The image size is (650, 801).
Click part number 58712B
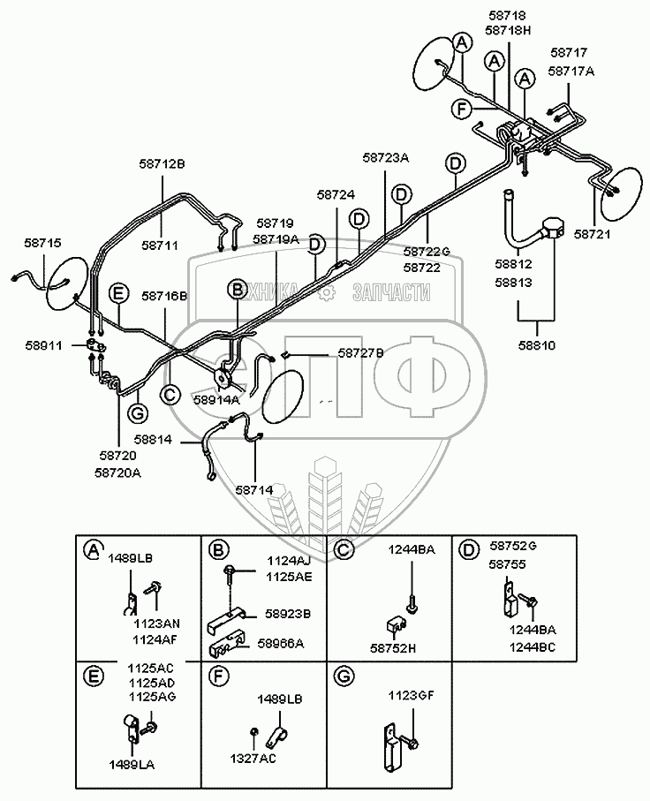[162, 163]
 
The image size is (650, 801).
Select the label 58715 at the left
[44, 242]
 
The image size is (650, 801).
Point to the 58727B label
[337, 352]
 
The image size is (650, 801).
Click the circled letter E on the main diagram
[115, 291]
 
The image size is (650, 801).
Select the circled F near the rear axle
[459, 109]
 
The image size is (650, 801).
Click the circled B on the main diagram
[236, 289]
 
